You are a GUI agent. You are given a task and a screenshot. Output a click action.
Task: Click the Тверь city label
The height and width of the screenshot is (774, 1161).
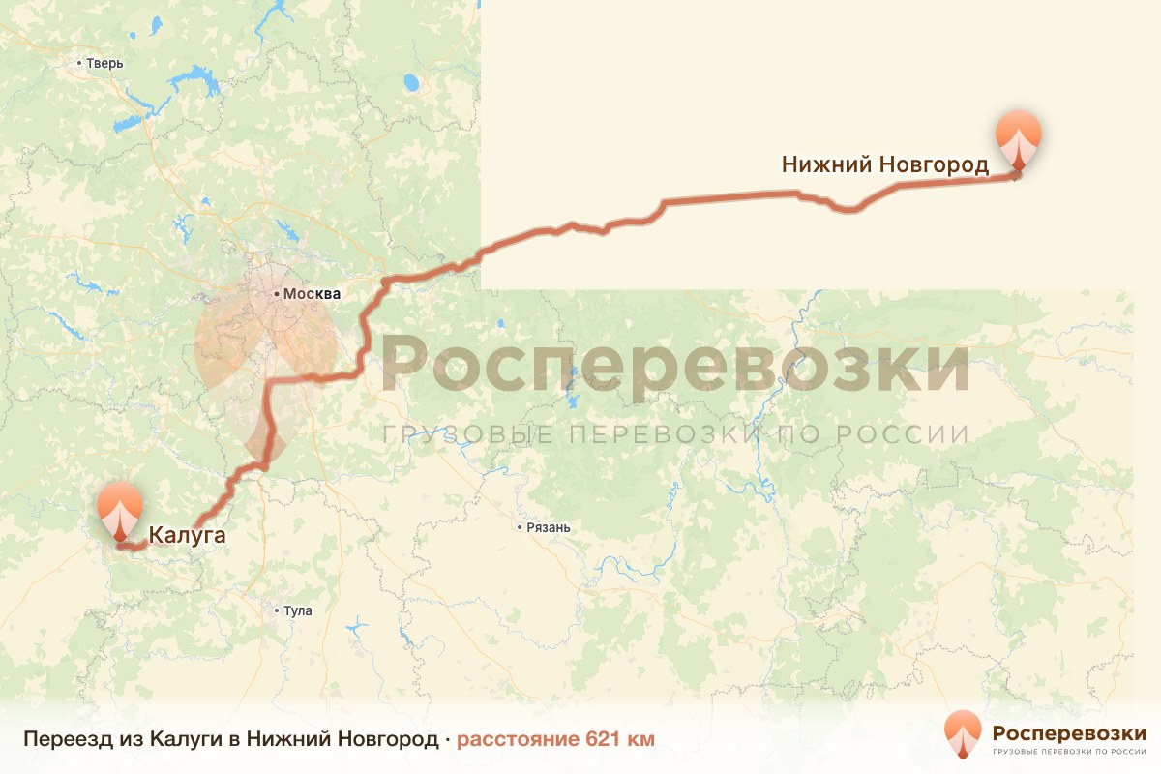point(104,64)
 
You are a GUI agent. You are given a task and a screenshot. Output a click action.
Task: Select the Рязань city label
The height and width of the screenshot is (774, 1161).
point(548,528)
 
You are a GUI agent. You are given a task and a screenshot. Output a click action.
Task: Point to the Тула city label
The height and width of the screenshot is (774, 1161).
point(298,610)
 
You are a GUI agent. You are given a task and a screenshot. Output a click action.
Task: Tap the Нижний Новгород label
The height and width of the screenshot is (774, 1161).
point(884,165)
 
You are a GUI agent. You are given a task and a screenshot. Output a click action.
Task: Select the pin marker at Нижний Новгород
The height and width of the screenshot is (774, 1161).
point(1020,142)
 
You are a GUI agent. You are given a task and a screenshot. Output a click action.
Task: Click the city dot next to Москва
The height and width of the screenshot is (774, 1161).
point(277,292)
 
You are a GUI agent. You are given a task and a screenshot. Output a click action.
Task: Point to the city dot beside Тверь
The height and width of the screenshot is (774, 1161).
point(79,64)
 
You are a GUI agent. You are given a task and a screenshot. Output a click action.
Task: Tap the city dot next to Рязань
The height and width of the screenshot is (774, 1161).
point(520,528)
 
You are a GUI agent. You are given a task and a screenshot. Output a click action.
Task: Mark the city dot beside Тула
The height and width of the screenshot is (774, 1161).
point(278,610)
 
